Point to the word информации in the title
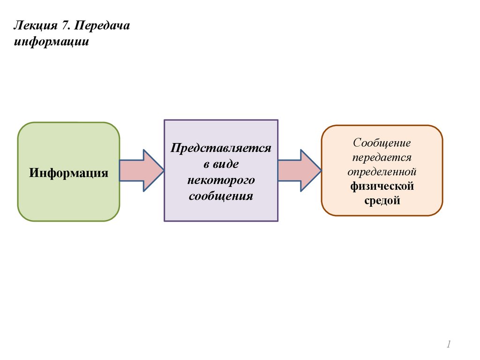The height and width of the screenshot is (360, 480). click(51, 42)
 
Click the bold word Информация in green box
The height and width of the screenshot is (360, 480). click(68, 172)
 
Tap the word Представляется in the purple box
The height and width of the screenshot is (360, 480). click(221, 148)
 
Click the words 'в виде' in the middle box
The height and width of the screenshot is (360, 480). click(221, 164)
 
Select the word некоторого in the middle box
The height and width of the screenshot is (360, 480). click(221, 180)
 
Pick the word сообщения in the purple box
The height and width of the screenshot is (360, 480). click(221, 196)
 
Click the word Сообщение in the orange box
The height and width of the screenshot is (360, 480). click(382, 142)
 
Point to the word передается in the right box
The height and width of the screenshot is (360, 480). click(382, 157)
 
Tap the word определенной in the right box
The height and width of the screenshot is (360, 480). click(382, 172)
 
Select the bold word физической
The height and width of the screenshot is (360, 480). click(382, 186)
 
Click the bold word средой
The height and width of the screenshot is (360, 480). click(382, 201)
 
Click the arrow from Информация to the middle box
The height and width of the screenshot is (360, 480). click(141, 171)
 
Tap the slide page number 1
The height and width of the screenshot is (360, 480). click(448, 345)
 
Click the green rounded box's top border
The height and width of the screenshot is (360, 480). click(68, 123)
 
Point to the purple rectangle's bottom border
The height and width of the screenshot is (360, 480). click(221, 221)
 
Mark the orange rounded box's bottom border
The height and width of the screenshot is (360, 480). click(382, 215)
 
